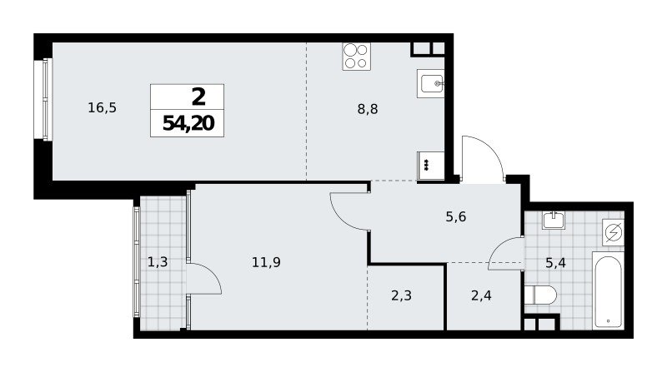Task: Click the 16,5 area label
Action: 102,108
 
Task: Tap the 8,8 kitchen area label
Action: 368,110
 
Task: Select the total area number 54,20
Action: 188,123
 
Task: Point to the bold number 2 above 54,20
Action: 198,97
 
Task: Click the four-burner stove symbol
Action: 357,56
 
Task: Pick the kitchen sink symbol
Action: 430,84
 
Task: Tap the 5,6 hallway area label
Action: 455,217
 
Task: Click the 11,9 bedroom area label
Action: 266,262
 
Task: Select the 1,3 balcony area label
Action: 158,262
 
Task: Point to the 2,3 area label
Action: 402,295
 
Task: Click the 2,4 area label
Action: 482,295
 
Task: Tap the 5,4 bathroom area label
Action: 555,263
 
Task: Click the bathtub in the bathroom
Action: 609,291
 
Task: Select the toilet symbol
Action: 540,295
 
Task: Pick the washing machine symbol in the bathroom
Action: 614,232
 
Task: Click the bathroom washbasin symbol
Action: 554,221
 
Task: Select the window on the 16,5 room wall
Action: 48,99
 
